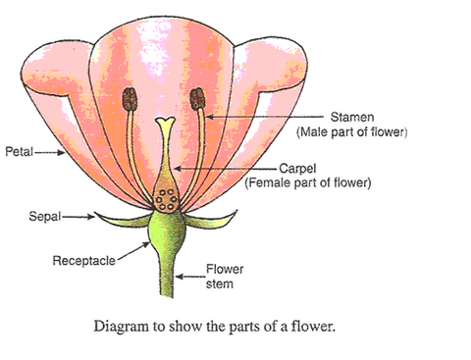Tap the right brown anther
coord(196,99)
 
